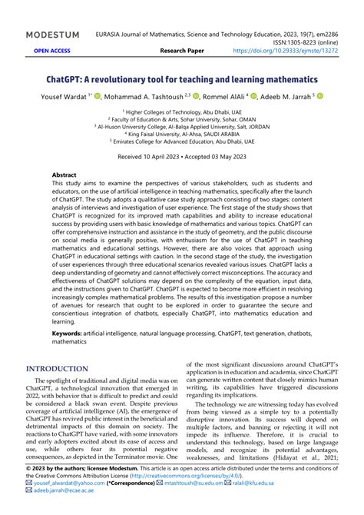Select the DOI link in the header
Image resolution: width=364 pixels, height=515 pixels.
click(296, 51)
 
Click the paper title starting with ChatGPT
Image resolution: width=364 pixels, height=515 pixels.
click(181, 79)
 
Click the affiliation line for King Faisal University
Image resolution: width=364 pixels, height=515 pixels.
click(182, 133)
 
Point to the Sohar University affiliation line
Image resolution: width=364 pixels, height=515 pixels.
click(182, 119)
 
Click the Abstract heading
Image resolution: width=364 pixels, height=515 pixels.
click(65, 175)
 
